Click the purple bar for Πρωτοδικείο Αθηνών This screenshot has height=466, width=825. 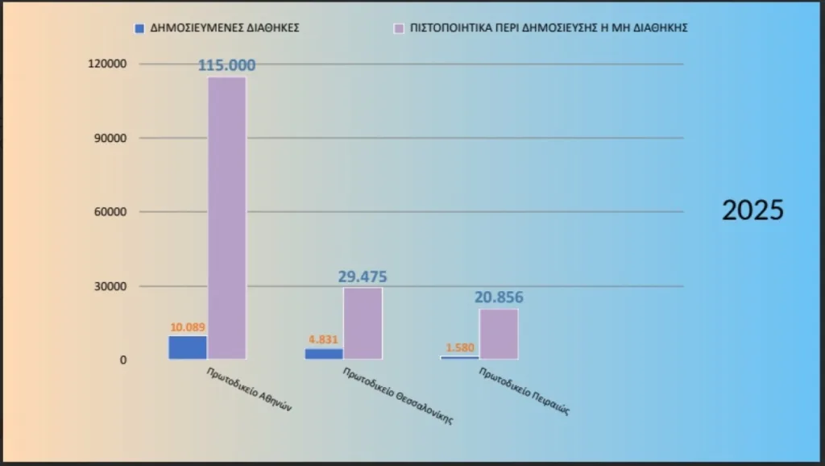coord(227,218)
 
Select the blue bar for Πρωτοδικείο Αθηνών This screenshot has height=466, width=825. coord(188,347)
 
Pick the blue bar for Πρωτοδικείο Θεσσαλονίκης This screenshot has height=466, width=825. coord(324,353)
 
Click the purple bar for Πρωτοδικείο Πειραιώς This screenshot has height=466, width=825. coord(499,334)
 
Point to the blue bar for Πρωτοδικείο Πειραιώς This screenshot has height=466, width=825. coord(459,357)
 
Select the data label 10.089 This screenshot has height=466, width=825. coord(187,327)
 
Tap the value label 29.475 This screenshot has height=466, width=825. coord(363,277)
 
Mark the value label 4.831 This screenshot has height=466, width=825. coord(324,339)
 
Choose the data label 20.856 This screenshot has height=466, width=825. coord(499,297)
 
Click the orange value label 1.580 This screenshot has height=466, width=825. coord(459,347)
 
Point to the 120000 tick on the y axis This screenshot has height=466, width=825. coord(110,64)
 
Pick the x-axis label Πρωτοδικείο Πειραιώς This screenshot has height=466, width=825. coord(524,392)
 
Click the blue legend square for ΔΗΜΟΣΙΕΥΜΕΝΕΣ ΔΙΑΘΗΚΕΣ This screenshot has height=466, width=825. coord(139,27)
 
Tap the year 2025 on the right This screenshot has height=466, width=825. coord(752,210)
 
